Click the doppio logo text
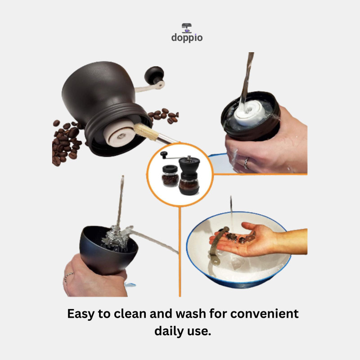(x=187, y=38)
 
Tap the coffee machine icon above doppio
(x=187, y=28)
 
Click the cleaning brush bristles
(x=144, y=132)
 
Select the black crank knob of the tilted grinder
(x=154, y=75)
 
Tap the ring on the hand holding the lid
(x=246, y=163)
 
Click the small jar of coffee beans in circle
(x=170, y=175)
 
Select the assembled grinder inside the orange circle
(x=189, y=175)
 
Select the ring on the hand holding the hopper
(x=68, y=276)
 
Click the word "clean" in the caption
(x=130, y=314)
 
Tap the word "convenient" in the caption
(x=265, y=314)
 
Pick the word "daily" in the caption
(x=169, y=331)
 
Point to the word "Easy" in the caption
(x=81, y=314)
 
